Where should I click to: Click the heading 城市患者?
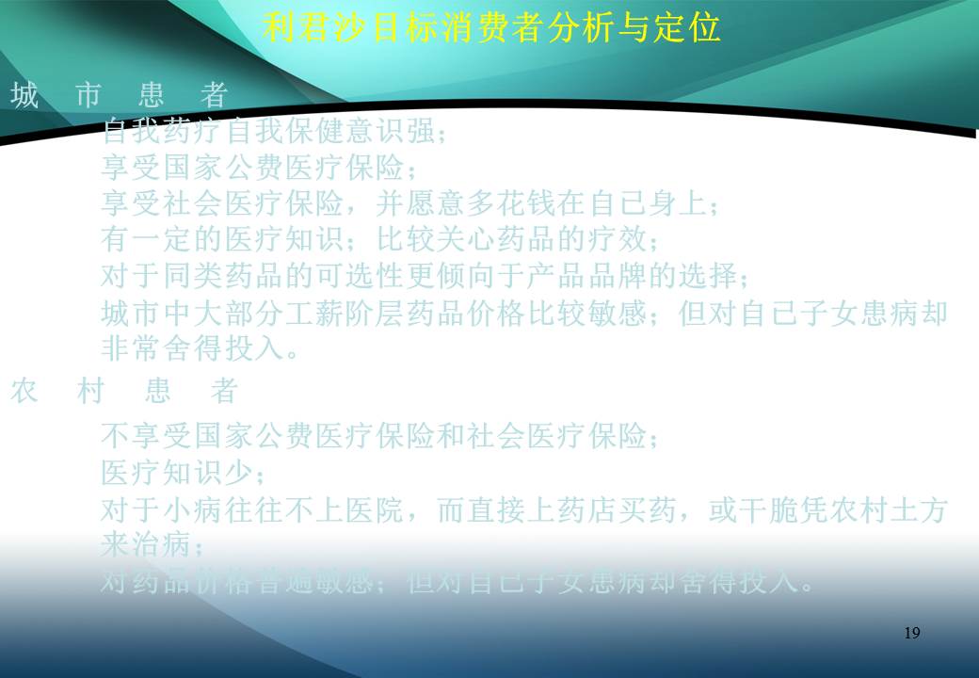(120, 95)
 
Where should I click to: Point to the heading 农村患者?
(123, 391)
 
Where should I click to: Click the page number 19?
(911, 633)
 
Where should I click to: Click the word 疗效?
(612, 239)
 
